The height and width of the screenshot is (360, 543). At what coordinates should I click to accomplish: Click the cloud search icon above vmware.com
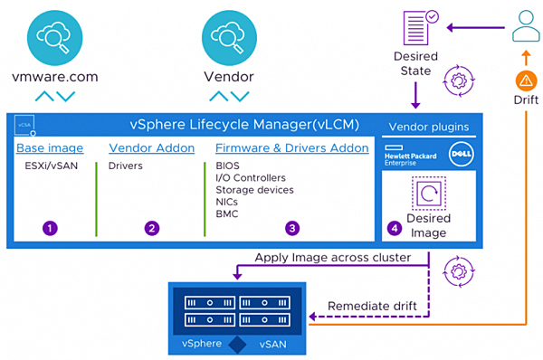54,38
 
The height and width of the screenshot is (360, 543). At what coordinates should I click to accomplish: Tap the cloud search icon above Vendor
229,38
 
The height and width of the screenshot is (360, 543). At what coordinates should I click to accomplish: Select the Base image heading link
50,148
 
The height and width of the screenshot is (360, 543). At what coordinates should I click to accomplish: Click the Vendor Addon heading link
152,148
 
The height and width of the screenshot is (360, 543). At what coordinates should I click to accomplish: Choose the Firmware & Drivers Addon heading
292,148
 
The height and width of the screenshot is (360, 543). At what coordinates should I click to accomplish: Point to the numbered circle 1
50,229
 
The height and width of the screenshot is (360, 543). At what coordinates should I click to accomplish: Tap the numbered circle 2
152,229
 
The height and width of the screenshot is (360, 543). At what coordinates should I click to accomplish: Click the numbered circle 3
292,229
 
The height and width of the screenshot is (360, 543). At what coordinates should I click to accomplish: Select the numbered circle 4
395,229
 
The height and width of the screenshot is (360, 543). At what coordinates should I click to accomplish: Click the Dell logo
462,154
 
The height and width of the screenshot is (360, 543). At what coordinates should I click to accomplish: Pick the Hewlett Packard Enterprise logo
410,156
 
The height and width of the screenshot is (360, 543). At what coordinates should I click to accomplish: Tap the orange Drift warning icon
526,81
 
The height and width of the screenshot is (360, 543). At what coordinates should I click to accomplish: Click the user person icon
526,26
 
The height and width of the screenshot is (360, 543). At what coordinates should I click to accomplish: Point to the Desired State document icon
421,28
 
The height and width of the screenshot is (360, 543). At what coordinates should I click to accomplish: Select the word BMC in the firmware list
227,214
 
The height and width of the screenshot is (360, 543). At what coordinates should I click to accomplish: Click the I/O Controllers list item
251,178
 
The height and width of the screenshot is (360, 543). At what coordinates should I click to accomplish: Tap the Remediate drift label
372,306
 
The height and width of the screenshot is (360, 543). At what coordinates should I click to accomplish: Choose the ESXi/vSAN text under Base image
52,166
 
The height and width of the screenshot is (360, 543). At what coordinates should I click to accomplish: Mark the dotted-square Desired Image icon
429,194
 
